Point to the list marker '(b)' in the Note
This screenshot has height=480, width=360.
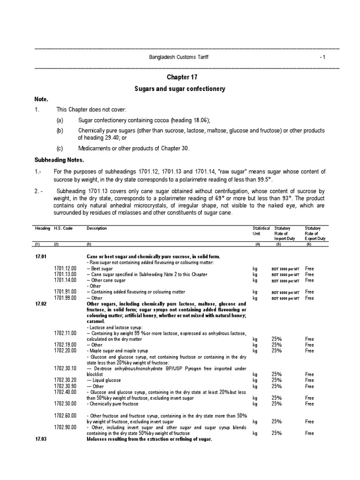coord(59,130)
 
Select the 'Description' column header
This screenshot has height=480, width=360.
coord(97,228)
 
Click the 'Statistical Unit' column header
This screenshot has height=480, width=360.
coord(261,231)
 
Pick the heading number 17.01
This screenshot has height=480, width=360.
coord(41,257)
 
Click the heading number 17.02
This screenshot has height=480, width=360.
coord(41,303)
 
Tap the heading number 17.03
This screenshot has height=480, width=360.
coord(41,439)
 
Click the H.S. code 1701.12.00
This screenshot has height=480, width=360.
coord(65,269)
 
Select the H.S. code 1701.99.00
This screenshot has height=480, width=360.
coord(65,298)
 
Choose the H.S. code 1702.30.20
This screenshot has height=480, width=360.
coord(65,380)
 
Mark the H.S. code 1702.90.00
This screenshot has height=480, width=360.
coord(65,427)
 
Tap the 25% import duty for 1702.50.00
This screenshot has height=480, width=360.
coord(277,404)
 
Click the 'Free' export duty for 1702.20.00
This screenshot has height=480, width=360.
coord(309,351)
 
